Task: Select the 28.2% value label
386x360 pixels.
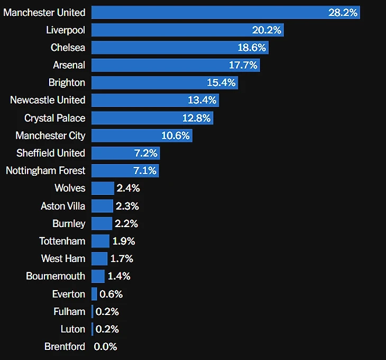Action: click(x=343, y=12)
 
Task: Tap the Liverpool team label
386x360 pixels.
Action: click(x=66, y=30)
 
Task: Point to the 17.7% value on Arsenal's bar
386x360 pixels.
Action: click(x=243, y=65)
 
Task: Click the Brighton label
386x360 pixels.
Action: click(x=67, y=83)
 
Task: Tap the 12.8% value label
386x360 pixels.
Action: click(x=196, y=118)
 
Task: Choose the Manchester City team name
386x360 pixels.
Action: click(x=50, y=136)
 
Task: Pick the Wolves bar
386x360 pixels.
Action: click(x=103, y=188)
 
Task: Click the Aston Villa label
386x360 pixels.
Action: click(x=63, y=206)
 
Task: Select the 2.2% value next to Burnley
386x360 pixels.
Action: click(x=126, y=223)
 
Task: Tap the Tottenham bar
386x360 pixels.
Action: click(x=100, y=241)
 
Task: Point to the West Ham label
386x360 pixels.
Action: click(x=63, y=258)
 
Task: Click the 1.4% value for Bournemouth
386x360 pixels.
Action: click(x=119, y=276)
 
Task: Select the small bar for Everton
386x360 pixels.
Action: click(x=94, y=294)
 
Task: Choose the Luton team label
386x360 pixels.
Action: click(x=73, y=329)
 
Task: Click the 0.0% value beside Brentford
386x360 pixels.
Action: click(x=105, y=347)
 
